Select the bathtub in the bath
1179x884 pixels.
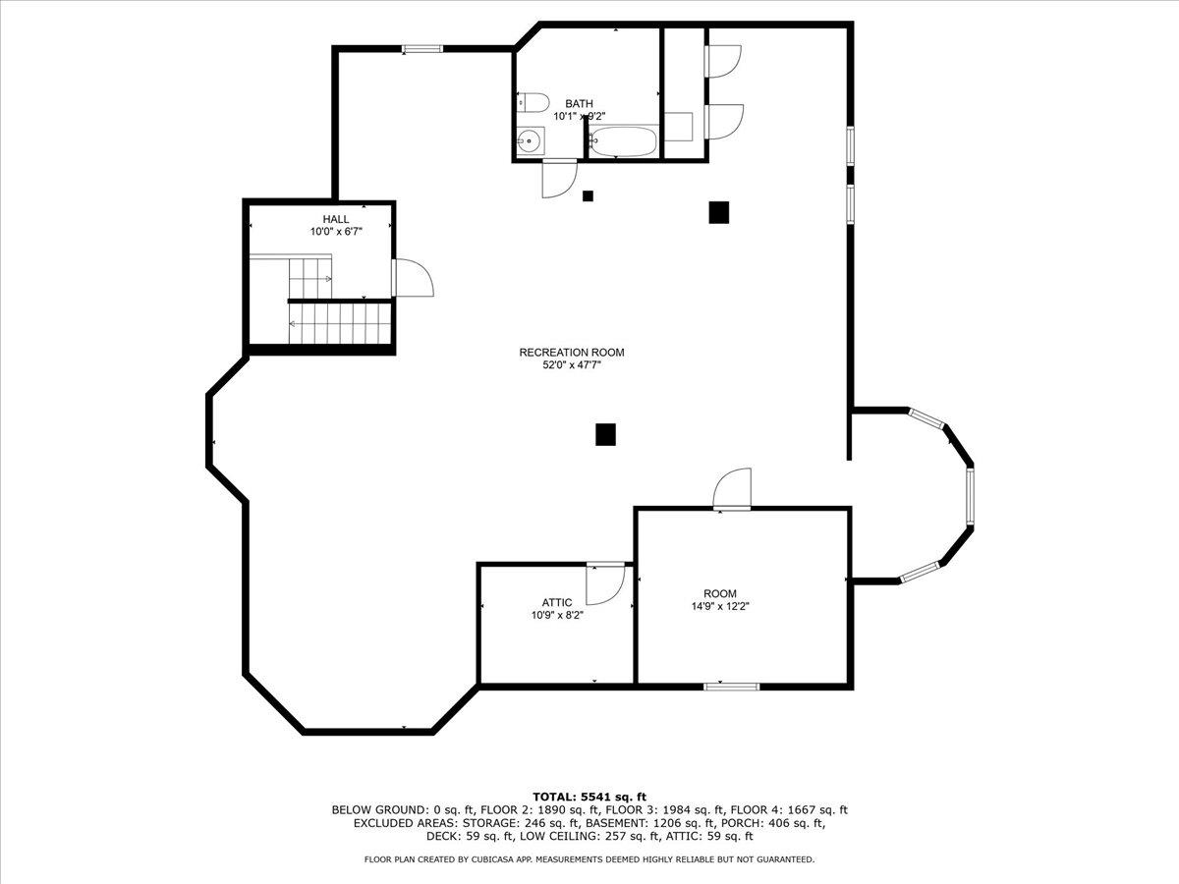(623, 142)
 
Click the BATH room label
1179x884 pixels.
(579, 103)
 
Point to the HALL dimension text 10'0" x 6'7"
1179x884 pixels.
(337, 232)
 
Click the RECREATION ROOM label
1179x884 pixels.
(572, 352)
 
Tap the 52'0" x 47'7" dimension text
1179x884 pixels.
(572, 364)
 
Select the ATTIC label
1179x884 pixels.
(557, 602)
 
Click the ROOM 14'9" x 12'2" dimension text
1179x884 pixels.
(719, 607)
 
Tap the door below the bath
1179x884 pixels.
(558, 178)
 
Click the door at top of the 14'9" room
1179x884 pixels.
(733, 489)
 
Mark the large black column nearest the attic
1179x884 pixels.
(605, 434)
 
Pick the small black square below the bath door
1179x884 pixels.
(589, 195)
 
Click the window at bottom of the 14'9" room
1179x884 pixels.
(731, 686)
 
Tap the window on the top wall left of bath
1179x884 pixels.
(421, 48)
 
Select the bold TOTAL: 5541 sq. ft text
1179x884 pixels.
(589, 797)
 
